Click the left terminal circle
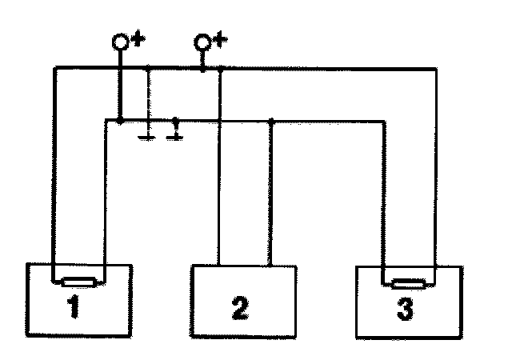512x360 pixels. pos(119,42)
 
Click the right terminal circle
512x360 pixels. pos(202,42)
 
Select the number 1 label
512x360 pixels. pos(74,308)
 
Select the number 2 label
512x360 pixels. pos(238,308)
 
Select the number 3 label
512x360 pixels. pos(406,308)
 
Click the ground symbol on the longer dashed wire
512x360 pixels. pos(148,137)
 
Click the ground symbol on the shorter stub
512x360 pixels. pos(176,136)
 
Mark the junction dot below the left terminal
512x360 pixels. pos(119,121)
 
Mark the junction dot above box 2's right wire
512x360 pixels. pos(271,122)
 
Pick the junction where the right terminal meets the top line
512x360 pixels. pos(202,70)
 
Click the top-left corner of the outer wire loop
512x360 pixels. pos(53,70)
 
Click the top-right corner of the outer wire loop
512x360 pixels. pos(434,70)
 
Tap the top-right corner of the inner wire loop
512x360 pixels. pos(382,122)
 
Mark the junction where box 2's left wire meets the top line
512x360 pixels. pos(219,70)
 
